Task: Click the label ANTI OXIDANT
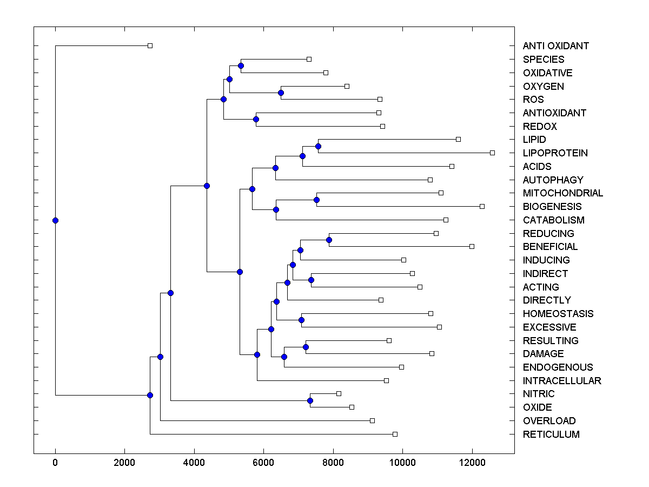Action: click(555, 46)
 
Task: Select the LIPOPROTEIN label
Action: click(555, 153)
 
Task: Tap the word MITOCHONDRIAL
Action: click(562, 193)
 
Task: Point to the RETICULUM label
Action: click(551, 435)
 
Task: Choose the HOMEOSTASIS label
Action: click(558, 314)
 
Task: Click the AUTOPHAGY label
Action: click(553, 180)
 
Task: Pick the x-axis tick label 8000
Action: click(333, 463)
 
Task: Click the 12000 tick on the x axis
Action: click(472, 463)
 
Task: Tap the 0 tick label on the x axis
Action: click(55, 463)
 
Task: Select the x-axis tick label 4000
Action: click(194, 463)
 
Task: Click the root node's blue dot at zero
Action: click(55, 220)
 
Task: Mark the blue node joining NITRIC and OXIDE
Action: click(310, 400)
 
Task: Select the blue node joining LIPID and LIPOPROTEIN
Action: click(318, 146)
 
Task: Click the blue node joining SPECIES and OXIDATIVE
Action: click(241, 65)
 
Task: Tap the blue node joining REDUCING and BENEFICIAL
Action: click(329, 240)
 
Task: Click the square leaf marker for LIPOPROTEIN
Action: click(492, 153)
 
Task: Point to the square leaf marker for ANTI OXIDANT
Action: click(150, 46)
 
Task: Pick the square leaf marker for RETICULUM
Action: click(395, 434)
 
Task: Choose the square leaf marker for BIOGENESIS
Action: click(482, 206)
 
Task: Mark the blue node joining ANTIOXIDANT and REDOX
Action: click(256, 119)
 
